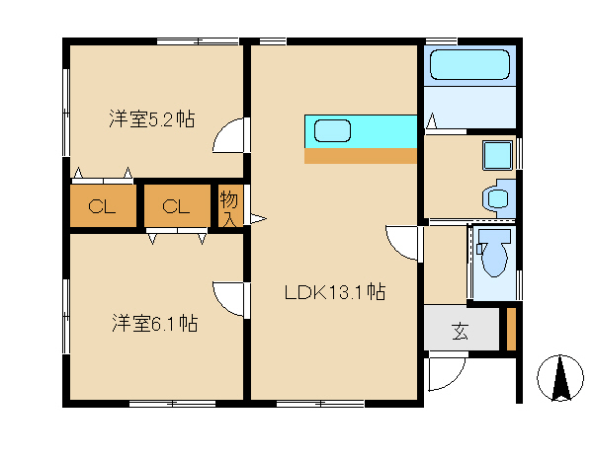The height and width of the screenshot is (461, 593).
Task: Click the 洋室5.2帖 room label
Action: (x=152, y=118)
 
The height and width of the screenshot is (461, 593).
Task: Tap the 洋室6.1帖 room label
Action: (x=155, y=323)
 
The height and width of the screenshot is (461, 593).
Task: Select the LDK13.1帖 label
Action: (x=335, y=292)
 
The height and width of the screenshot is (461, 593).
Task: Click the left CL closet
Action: (x=103, y=206)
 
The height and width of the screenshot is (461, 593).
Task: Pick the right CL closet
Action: (x=177, y=206)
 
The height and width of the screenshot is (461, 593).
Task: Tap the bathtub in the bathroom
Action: (x=469, y=64)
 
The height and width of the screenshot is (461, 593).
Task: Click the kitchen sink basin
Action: (x=332, y=130)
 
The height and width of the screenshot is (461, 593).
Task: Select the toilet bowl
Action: (x=494, y=253)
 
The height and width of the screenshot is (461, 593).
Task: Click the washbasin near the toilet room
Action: (x=498, y=198)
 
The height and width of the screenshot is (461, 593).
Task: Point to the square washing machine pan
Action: (x=498, y=155)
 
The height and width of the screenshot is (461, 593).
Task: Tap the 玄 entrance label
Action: (x=460, y=332)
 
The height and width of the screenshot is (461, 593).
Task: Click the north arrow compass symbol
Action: (x=560, y=378)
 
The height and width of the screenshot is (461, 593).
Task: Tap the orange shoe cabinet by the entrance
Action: (x=511, y=330)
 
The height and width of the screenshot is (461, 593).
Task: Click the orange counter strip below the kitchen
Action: (x=361, y=156)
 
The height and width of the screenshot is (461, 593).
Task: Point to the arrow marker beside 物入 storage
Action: (x=258, y=218)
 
